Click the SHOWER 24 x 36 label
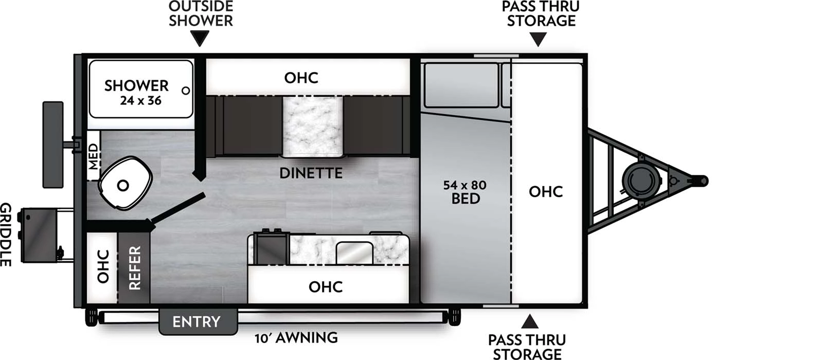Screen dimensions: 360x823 (x=136, y=92)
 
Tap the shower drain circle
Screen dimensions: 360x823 (x=186, y=91)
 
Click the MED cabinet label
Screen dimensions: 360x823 (x=93, y=156)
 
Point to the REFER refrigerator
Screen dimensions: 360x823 (x=134, y=268)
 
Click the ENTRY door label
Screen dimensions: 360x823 (x=196, y=322)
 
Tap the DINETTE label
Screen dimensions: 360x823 (x=311, y=173)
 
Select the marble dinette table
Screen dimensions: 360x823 (x=312, y=126)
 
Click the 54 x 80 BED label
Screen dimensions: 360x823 (x=465, y=192)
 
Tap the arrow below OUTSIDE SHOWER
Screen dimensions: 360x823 (x=200, y=38)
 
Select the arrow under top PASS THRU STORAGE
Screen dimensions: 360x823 (x=538, y=39)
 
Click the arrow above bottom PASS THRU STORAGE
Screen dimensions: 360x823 (x=530, y=322)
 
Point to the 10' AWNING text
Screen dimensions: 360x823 (x=296, y=338)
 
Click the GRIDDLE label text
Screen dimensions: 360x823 (x=6, y=235)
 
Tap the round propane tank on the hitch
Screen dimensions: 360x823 (x=640, y=179)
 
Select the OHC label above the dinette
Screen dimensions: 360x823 (x=301, y=78)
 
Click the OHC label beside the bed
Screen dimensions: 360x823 (x=546, y=191)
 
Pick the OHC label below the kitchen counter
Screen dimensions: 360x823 (x=325, y=286)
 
